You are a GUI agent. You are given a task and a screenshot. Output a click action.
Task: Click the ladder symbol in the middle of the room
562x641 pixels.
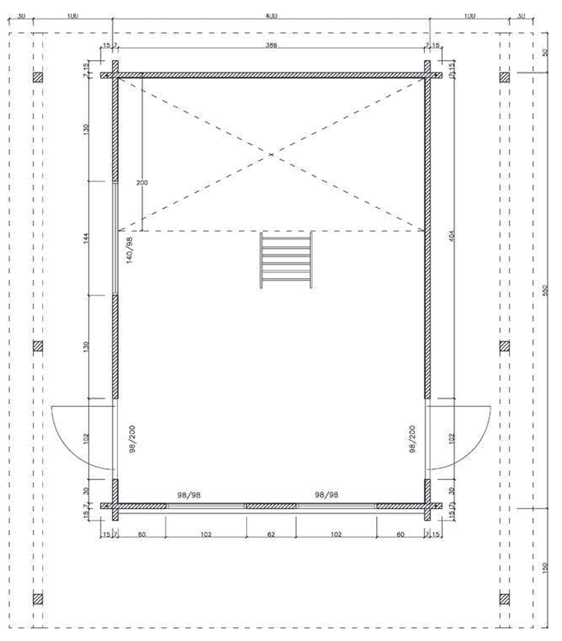[286, 260]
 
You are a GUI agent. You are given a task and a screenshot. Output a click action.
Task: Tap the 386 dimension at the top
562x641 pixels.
[271, 45]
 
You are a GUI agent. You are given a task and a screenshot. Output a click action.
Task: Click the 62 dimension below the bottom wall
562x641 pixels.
[271, 534]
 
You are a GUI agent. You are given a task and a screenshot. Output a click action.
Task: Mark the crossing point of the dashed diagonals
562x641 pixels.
[271, 154]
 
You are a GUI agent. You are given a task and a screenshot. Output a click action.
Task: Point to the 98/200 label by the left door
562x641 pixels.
[130, 439]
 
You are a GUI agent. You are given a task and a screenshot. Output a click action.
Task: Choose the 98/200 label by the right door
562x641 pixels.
[412, 439]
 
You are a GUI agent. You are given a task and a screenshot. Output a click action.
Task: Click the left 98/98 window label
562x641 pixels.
[189, 495]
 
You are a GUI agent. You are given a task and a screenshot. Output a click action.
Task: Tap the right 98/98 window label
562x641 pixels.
[327, 495]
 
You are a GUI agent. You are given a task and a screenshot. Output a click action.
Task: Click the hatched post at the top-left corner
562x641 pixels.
[38, 77]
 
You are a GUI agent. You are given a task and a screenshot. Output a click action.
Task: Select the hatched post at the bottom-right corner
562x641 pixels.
[505, 598]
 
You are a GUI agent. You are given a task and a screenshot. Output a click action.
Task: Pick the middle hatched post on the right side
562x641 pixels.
[505, 346]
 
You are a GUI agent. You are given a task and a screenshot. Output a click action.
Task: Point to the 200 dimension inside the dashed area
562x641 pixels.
[141, 183]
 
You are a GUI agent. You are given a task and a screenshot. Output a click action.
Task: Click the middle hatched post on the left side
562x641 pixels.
[38, 346]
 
